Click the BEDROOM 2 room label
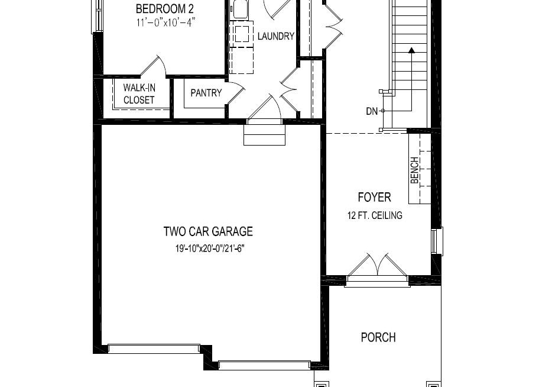(165, 8)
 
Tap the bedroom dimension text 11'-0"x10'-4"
(166, 22)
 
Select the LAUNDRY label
(275, 36)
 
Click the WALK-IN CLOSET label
(139, 93)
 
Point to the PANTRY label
(206, 93)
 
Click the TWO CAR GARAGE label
(208, 231)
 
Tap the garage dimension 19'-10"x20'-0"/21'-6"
(210, 249)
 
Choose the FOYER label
(374, 197)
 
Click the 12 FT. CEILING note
(375, 215)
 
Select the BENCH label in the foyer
(415, 170)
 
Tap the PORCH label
(378, 337)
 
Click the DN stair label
(371, 111)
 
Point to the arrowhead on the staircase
(411, 50)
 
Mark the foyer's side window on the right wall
(437, 241)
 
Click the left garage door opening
(154, 349)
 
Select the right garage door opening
(264, 365)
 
